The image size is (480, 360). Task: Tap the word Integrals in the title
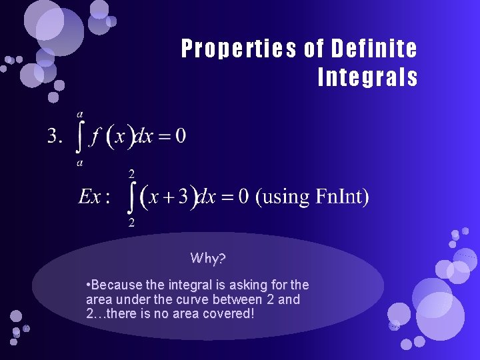tap(367, 78)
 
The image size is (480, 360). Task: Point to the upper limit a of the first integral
tap(80, 114)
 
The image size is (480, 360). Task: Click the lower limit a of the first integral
tap(79, 162)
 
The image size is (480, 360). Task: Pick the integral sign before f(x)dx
tap(80, 138)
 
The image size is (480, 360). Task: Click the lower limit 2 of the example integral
tap(131, 223)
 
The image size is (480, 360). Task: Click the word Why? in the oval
tap(209, 258)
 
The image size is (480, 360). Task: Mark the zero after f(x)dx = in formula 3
tap(180, 137)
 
